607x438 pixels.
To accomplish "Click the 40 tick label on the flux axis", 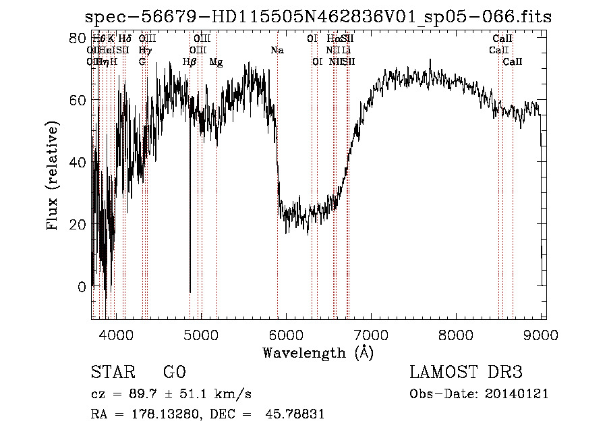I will click(79, 162).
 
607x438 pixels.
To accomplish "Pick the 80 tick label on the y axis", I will click(79, 38).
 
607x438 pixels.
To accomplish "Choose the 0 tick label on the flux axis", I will click(82, 287).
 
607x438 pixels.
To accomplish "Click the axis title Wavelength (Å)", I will click(318, 352).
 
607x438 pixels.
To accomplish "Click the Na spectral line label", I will click(277, 50).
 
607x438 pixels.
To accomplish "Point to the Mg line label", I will click(216, 62).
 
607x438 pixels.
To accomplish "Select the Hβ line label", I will click(190, 62).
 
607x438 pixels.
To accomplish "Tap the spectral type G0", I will click(175, 373).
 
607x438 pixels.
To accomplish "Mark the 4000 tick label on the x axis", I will click(116, 334).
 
